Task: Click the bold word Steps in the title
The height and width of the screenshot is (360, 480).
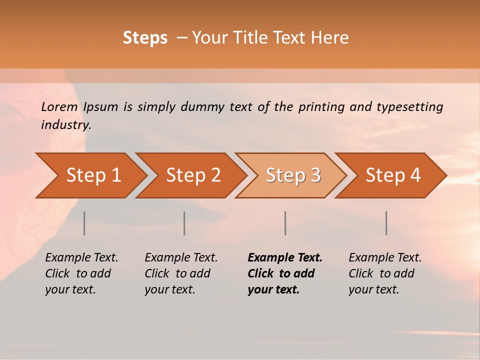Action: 145,38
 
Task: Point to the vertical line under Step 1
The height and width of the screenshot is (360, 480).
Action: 84,223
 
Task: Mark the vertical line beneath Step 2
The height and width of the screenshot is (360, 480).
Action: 184,223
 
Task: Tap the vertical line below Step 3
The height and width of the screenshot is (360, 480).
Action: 285,223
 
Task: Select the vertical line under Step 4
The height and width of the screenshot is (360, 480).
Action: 386,223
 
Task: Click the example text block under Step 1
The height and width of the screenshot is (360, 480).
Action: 81,273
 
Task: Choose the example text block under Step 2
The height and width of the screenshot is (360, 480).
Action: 181,273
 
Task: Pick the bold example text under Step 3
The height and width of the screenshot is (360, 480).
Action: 285,273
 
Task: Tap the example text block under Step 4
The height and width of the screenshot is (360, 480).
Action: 385,273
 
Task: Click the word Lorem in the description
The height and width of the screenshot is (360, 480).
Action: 59,107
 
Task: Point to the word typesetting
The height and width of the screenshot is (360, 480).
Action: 409,107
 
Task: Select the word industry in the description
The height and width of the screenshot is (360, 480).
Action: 66,125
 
